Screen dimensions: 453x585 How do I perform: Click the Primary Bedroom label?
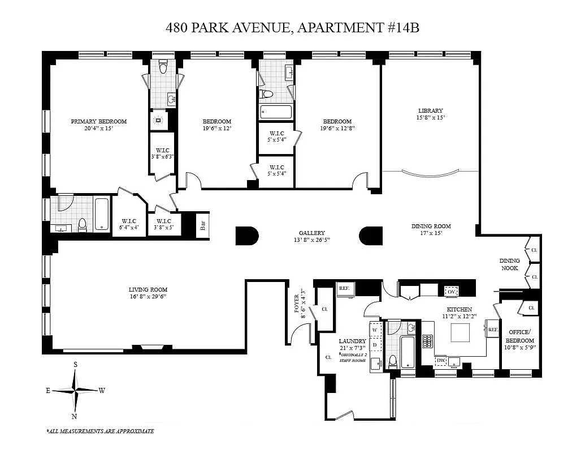pyautogui.click(x=98, y=121)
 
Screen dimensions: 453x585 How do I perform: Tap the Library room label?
pyautogui.click(x=430, y=110)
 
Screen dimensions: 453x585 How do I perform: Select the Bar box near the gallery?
pyautogui.click(x=202, y=225)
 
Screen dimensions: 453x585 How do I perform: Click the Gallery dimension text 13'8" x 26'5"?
pyautogui.click(x=312, y=240)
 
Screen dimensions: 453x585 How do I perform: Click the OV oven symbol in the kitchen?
pyautogui.click(x=451, y=291)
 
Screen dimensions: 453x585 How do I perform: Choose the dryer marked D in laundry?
pyautogui.click(x=375, y=344)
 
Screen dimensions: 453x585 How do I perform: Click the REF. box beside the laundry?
pyautogui.click(x=344, y=288)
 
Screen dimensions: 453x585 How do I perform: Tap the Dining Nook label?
pyautogui.click(x=509, y=264)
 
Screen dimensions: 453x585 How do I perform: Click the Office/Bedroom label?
pyautogui.click(x=519, y=336)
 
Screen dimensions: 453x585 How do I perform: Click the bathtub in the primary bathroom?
pyautogui.click(x=102, y=214)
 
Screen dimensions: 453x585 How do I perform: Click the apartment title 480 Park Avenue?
pyautogui.click(x=292, y=27)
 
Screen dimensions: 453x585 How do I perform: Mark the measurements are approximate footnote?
pyautogui.click(x=100, y=431)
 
